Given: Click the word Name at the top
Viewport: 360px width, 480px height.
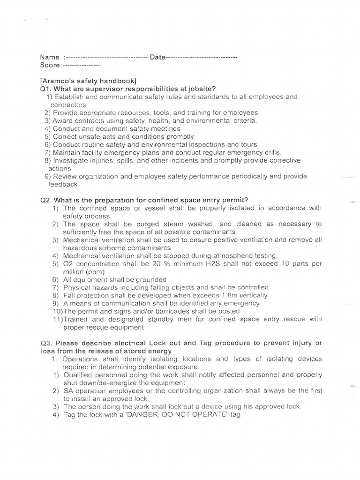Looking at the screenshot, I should point(50,57).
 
